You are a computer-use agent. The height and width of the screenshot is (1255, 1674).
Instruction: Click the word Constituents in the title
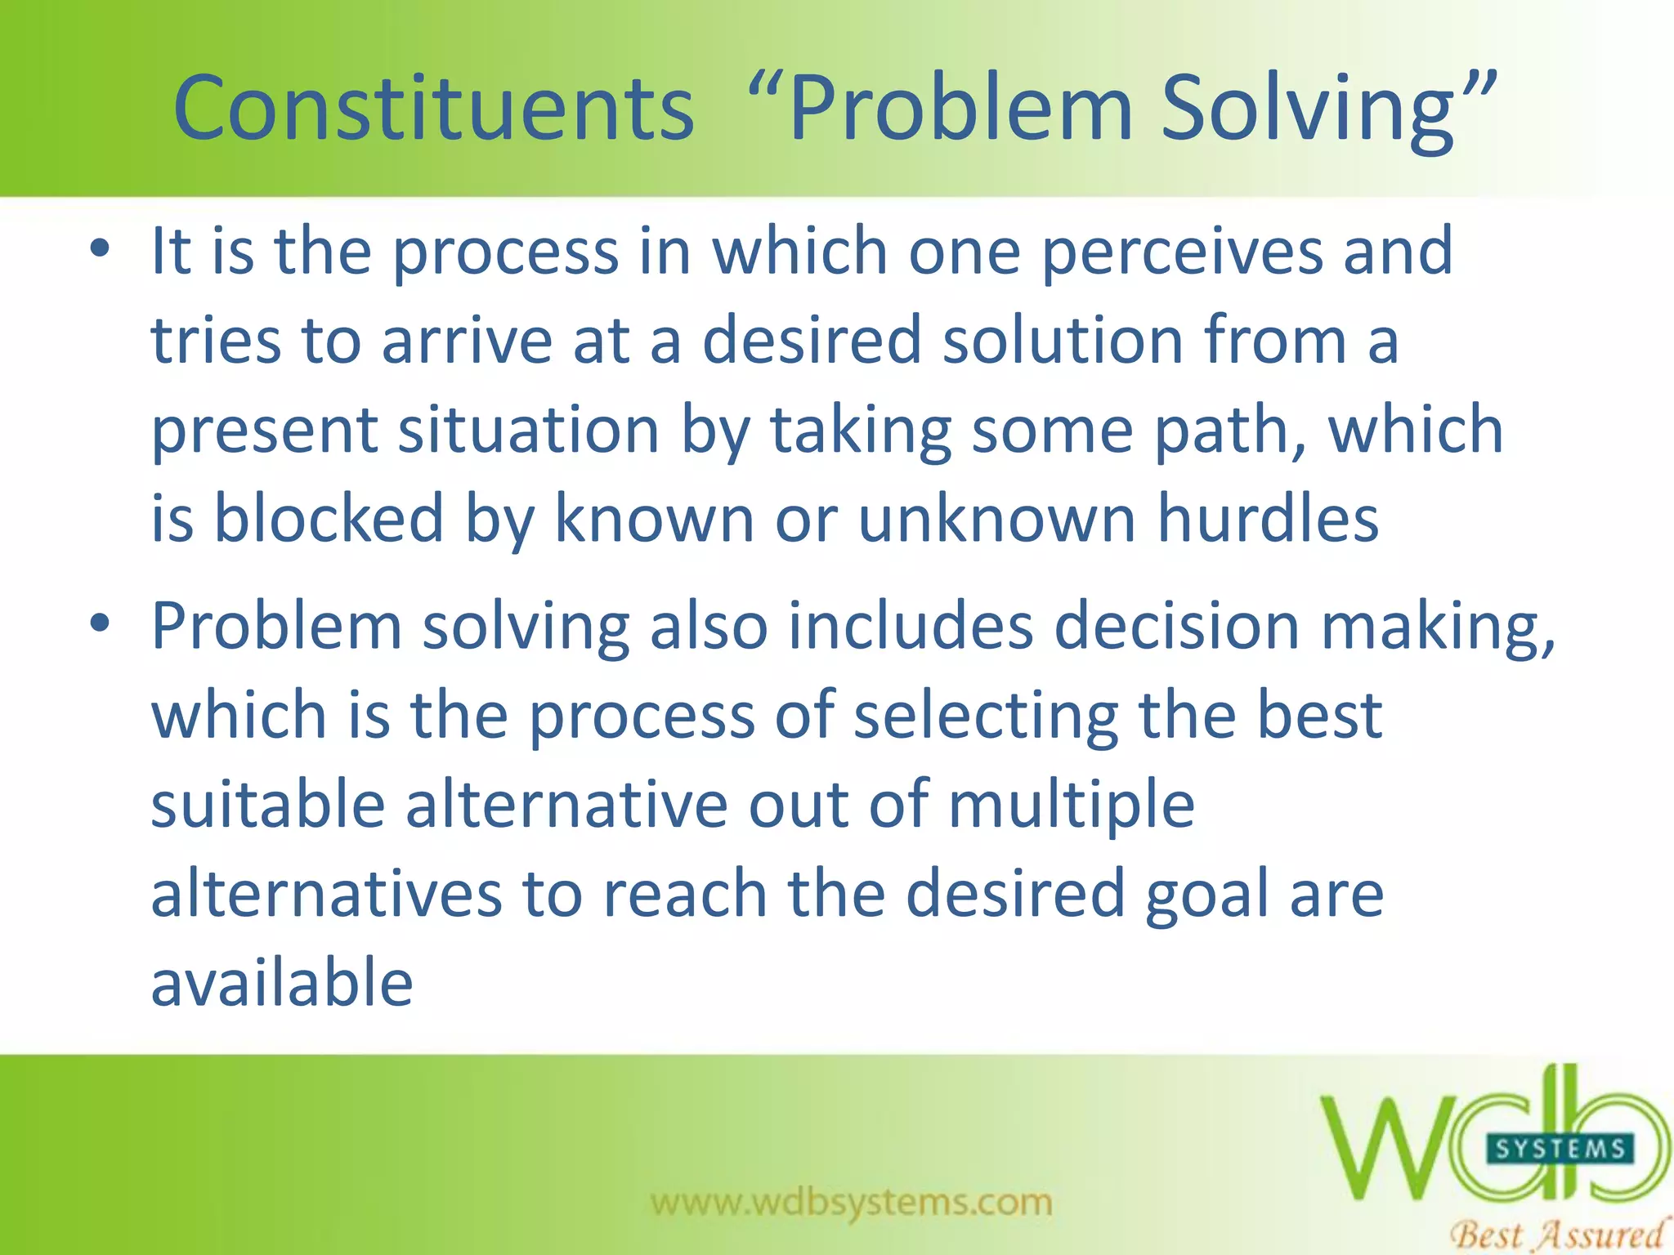[433, 109]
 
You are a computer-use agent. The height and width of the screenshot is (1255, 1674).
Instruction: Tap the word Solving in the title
[1308, 109]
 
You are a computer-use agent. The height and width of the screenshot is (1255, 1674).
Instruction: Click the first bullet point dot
[100, 249]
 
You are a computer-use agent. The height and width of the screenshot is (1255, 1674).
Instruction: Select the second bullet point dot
[100, 624]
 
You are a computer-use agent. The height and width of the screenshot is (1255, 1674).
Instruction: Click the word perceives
[1182, 252]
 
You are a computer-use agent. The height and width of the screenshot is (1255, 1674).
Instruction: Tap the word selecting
[986, 716]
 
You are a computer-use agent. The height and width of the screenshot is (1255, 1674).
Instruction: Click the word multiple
[1072, 806]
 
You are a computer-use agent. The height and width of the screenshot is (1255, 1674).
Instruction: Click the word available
[282, 982]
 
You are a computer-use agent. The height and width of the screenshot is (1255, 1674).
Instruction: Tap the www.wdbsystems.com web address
[851, 1202]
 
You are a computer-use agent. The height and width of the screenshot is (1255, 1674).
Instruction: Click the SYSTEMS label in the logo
[1560, 1150]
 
